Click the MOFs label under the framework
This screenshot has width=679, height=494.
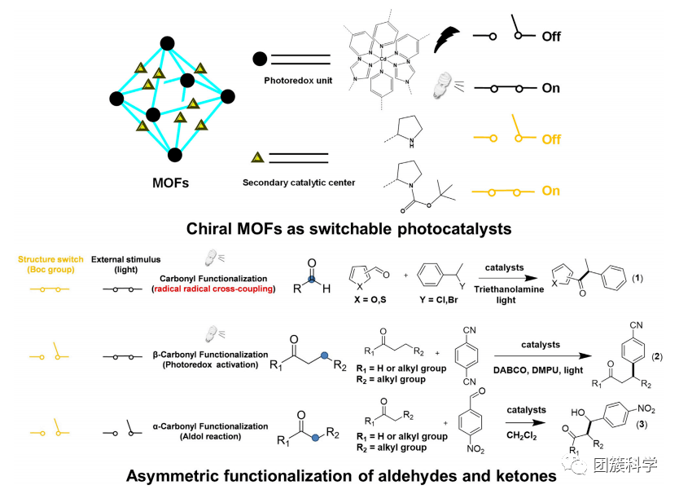click(x=170, y=183)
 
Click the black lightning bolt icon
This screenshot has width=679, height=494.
click(x=448, y=37)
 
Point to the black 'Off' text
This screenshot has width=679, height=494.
click(x=551, y=37)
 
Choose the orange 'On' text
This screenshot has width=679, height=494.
click(x=551, y=191)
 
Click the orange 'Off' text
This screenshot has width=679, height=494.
click(x=551, y=139)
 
